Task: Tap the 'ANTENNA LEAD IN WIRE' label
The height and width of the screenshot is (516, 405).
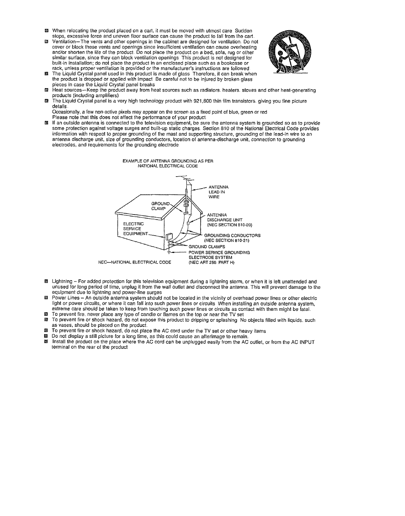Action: (x=218, y=192)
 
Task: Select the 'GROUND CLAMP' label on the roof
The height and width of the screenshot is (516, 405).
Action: (x=159, y=206)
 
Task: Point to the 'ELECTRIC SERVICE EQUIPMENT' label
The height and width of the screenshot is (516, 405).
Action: (x=135, y=229)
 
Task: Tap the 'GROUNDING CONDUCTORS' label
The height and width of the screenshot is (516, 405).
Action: (x=232, y=236)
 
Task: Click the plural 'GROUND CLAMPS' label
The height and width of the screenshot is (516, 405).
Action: (x=207, y=247)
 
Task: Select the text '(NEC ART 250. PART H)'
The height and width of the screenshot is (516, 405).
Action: (x=211, y=263)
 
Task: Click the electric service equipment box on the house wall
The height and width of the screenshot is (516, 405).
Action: (x=169, y=238)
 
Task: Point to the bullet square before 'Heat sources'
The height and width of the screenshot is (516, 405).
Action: (x=47, y=90)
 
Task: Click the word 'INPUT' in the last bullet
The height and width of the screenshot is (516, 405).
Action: (x=307, y=342)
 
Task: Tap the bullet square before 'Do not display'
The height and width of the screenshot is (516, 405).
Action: (x=47, y=337)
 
